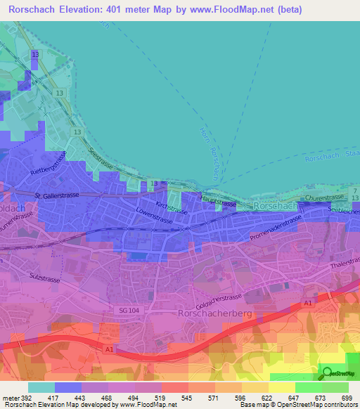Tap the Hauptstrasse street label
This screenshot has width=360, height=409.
pos(218,202)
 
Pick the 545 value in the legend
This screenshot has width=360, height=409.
pos(186,397)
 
